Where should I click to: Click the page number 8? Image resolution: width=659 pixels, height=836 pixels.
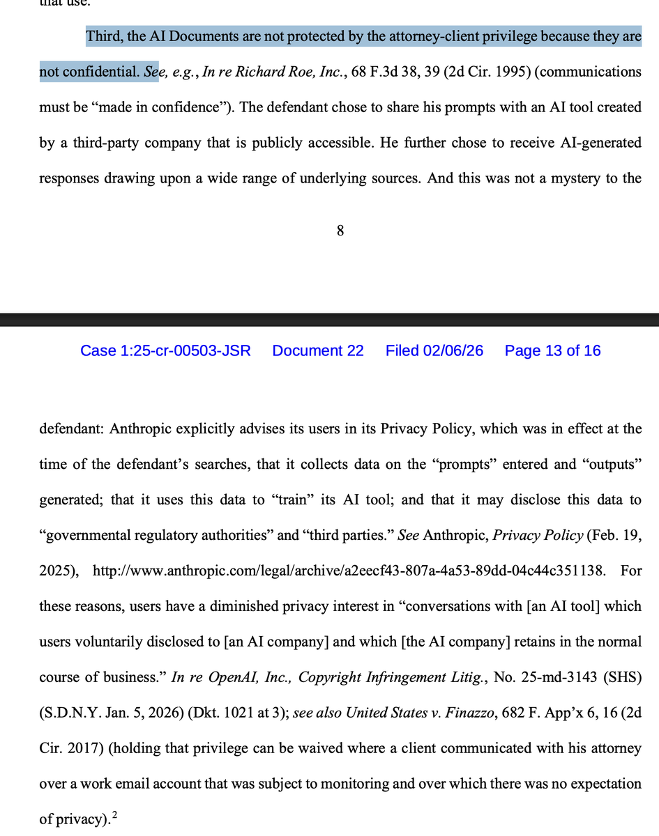(340, 231)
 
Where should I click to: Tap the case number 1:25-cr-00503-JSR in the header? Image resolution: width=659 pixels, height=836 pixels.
(165, 350)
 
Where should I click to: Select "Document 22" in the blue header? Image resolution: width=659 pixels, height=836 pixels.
(318, 350)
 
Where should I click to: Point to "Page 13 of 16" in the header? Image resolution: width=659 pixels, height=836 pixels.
(552, 350)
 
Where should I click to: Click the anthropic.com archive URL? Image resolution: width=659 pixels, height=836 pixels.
(348, 571)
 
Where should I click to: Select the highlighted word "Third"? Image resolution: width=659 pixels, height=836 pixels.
(105, 36)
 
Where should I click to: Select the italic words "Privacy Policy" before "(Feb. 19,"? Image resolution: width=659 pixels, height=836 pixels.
(538, 535)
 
